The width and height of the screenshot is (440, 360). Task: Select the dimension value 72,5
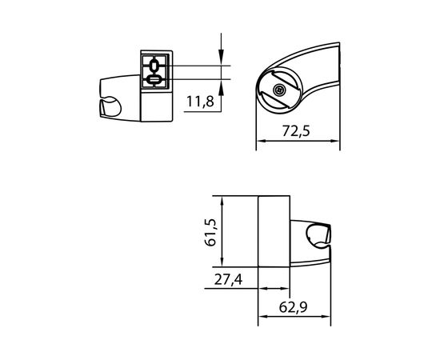[x=298, y=133]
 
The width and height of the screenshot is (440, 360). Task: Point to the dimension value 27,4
[x=229, y=279]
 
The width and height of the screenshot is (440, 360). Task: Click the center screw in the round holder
[x=278, y=92]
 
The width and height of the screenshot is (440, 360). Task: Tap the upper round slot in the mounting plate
[x=154, y=64]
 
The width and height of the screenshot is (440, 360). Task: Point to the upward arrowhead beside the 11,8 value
[x=222, y=84]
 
